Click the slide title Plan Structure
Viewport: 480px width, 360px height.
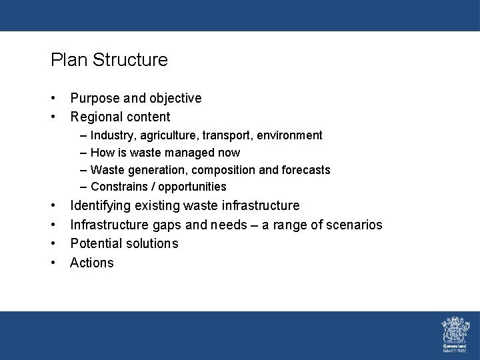click(x=109, y=60)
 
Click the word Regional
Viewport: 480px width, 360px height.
click(x=95, y=117)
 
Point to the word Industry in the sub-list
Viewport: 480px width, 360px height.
click(x=111, y=135)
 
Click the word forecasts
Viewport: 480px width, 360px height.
click(x=304, y=170)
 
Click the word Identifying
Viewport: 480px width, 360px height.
click(x=101, y=206)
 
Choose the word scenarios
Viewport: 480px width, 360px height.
click(x=353, y=225)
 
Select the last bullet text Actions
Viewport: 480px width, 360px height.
click(x=92, y=263)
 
